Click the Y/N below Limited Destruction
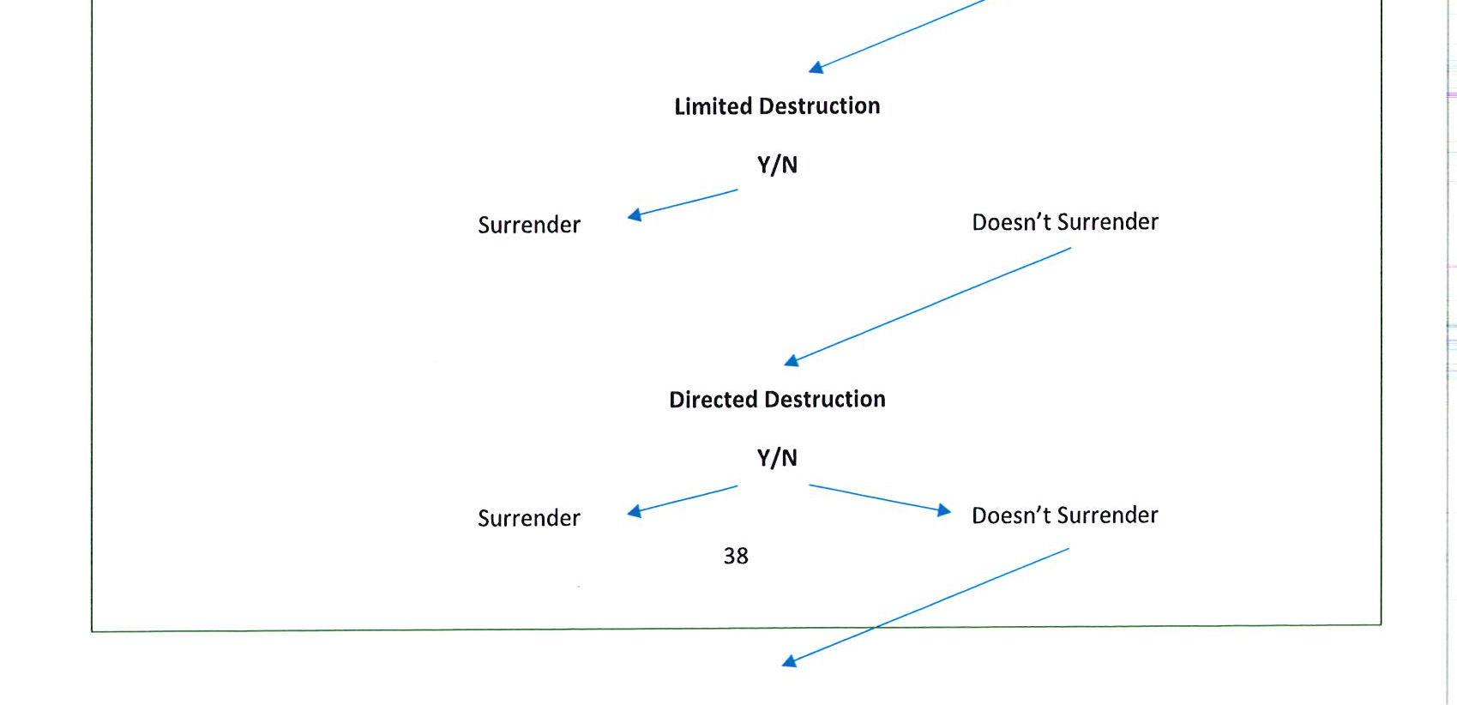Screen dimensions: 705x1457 click(x=777, y=165)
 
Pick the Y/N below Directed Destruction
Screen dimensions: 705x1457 click(x=777, y=458)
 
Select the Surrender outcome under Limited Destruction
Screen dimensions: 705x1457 click(x=529, y=226)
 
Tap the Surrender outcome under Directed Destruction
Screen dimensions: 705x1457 click(x=529, y=519)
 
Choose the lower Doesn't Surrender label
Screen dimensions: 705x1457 click(x=1064, y=515)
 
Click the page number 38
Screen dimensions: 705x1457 click(x=736, y=557)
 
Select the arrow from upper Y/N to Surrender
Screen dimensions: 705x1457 click(x=683, y=203)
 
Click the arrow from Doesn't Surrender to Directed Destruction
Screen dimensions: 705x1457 click(x=928, y=306)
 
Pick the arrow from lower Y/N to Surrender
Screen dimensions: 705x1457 click(x=683, y=499)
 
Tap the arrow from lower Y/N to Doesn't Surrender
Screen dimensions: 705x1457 click(x=880, y=498)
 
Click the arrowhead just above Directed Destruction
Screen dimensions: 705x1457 click(x=792, y=362)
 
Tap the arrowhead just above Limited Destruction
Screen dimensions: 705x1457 click(x=816, y=68)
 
